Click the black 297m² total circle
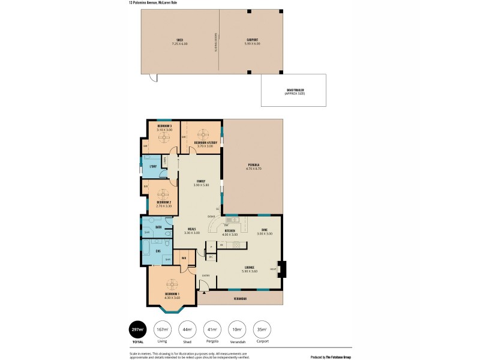pyautogui.click(x=138, y=329)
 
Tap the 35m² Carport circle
pyautogui.click(x=262, y=329)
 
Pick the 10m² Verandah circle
pyautogui.click(x=238, y=329)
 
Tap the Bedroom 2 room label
pyautogui.click(x=164, y=202)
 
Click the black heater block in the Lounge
pyautogui.click(x=283, y=269)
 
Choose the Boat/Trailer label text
pyautogui.click(x=294, y=91)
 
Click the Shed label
pyautogui.click(x=179, y=40)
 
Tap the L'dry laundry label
pyautogui.click(x=153, y=166)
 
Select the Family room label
pyautogui.click(x=202, y=182)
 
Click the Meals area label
pyautogui.click(x=192, y=229)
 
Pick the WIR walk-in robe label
pyautogui.click(x=184, y=258)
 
